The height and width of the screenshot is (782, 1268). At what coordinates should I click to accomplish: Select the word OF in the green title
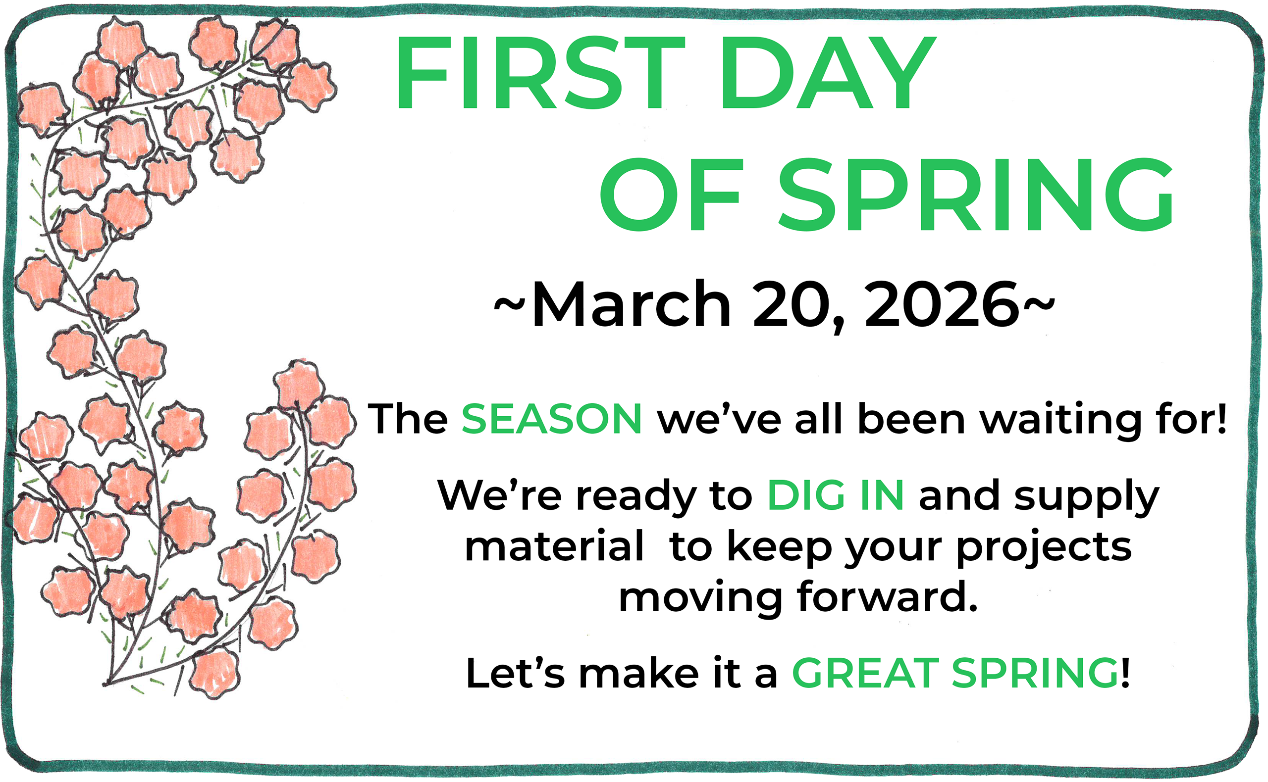671,195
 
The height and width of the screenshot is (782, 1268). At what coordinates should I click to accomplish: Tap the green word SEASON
552,418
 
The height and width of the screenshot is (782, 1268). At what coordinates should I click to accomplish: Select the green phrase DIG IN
836,495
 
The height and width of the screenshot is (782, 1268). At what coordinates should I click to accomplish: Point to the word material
554,547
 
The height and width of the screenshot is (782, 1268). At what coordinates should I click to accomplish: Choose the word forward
888,597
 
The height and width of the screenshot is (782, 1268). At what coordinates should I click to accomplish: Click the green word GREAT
865,674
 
